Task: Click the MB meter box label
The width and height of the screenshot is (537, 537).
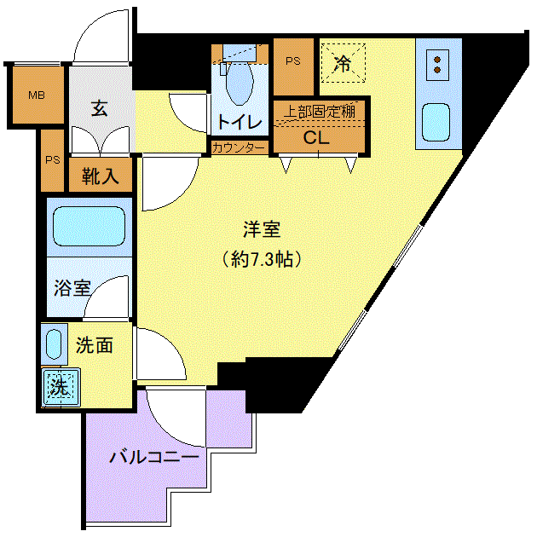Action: coord(37,95)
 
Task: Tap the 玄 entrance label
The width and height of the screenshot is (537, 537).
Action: coord(100,108)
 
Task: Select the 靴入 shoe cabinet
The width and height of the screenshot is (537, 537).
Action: coord(101,175)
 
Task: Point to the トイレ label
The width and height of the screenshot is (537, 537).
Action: coord(240,122)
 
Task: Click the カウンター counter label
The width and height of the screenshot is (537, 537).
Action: coord(239,148)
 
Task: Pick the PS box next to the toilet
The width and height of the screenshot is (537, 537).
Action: coord(293,66)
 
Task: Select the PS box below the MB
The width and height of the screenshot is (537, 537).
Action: coord(52,160)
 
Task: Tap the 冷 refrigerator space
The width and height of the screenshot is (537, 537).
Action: coord(344,63)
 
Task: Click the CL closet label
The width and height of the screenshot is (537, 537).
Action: coord(316,138)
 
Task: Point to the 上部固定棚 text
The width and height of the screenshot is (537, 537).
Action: coord(320,112)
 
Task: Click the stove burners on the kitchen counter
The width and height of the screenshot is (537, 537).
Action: coord(437,65)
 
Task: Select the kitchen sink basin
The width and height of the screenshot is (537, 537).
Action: coord(436,122)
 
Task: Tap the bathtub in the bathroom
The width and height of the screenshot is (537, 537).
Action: coord(89,226)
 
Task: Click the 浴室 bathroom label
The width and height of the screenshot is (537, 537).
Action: coord(72,288)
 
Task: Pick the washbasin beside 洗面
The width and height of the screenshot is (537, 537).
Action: coord(54,344)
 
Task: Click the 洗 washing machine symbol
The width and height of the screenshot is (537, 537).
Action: coord(61,387)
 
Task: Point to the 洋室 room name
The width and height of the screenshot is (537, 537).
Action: coord(262,229)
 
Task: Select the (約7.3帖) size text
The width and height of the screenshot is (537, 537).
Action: coord(262,259)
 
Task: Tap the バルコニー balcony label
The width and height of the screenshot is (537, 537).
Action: coord(154,457)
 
